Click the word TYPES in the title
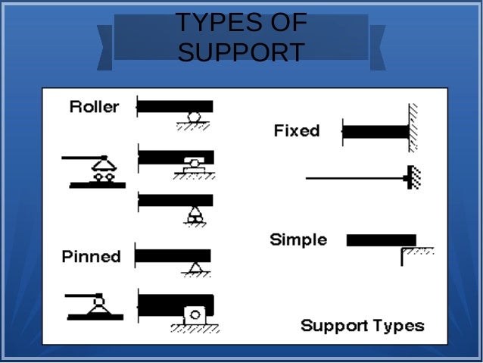click(x=208, y=23)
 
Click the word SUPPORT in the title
click(x=241, y=52)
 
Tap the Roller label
click(x=94, y=107)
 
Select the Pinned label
click(x=91, y=256)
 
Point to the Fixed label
click(x=296, y=130)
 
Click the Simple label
click(x=298, y=240)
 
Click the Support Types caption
click(x=362, y=326)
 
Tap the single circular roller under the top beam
click(x=195, y=117)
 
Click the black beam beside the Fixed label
click(x=375, y=131)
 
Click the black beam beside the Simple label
click(x=381, y=240)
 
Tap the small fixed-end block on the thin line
click(x=410, y=178)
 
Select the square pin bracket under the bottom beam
click(x=194, y=314)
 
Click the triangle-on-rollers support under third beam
click(x=195, y=214)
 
